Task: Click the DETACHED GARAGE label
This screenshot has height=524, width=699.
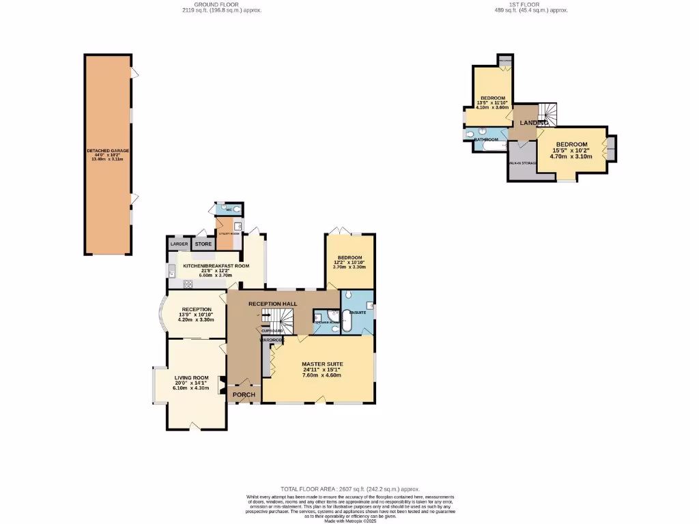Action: click(x=108, y=150)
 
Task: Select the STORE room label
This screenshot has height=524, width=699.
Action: click(x=203, y=244)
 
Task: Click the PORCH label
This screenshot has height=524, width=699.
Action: click(x=244, y=395)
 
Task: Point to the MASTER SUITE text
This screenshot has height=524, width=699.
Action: click(x=322, y=364)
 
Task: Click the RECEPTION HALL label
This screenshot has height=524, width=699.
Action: click(x=272, y=303)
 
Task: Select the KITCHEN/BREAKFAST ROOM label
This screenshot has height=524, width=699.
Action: click(x=216, y=265)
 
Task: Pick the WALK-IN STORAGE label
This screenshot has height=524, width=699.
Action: click(x=522, y=164)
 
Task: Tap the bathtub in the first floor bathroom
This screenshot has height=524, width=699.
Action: click(x=493, y=145)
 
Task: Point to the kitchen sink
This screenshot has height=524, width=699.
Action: click(x=171, y=270)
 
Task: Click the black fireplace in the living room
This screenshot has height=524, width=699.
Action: click(x=220, y=385)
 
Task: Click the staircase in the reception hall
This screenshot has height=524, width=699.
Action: click(x=279, y=318)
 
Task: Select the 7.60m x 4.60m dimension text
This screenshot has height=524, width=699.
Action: click(x=322, y=375)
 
